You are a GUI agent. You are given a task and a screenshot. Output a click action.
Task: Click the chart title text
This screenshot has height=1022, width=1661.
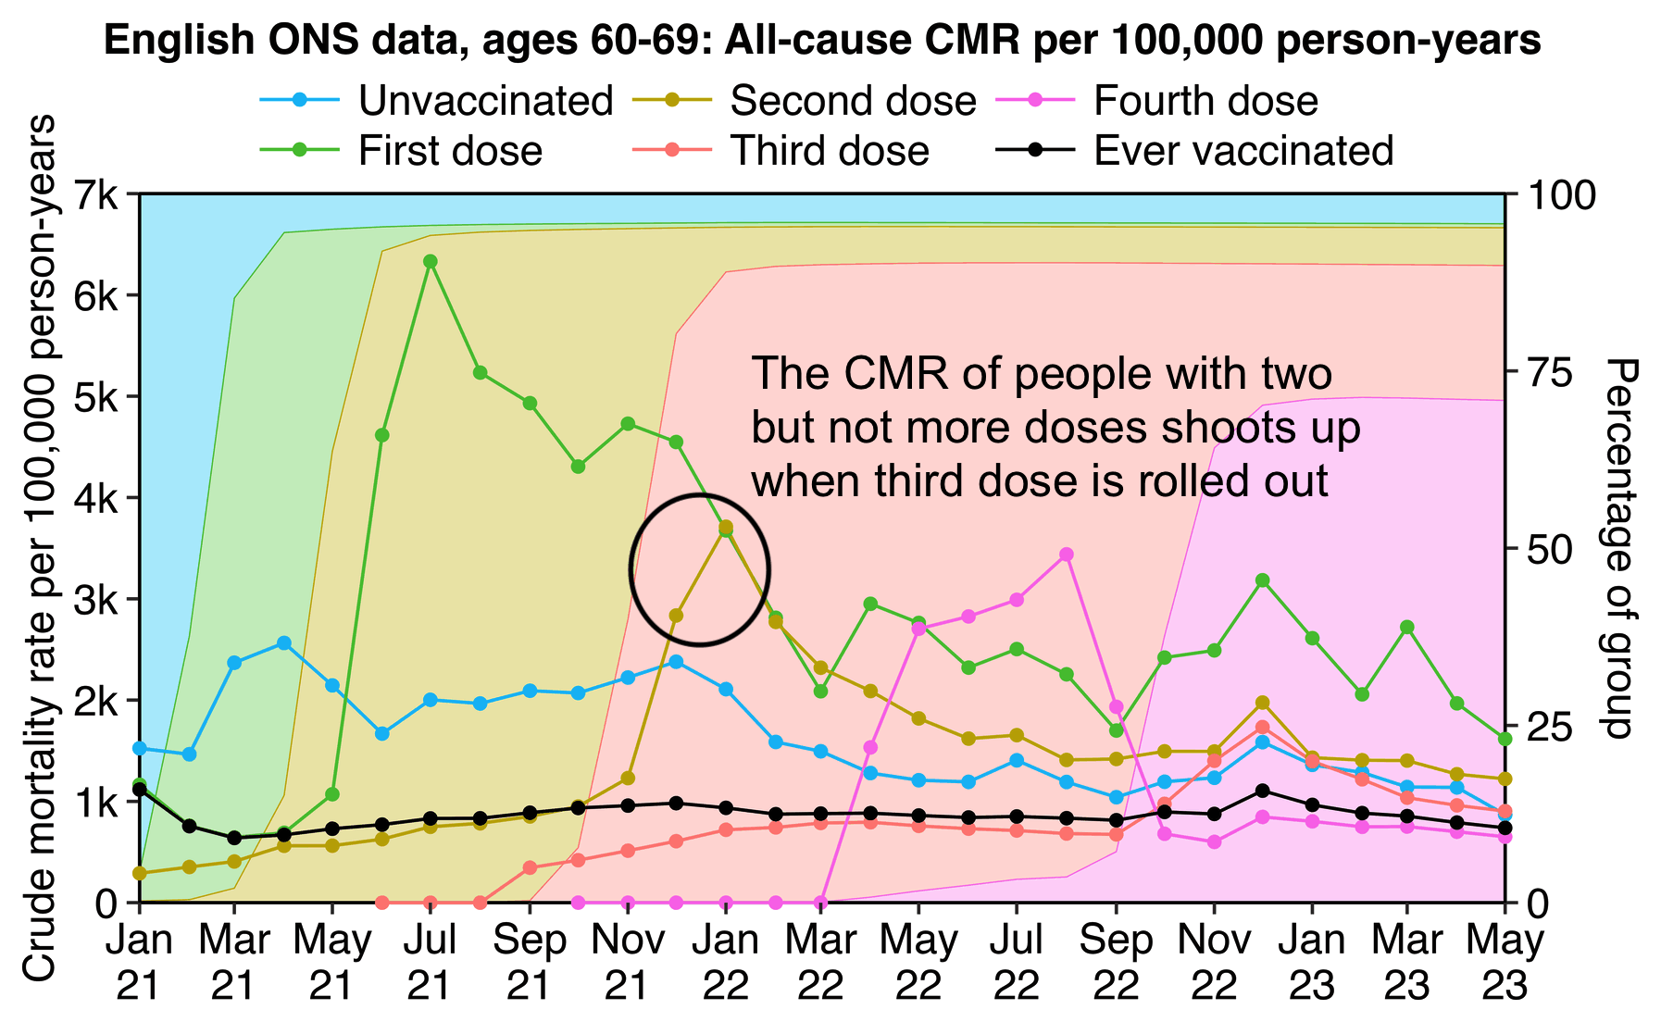(x=822, y=42)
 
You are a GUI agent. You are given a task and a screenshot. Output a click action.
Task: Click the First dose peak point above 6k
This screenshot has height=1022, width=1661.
(x=431, y=261)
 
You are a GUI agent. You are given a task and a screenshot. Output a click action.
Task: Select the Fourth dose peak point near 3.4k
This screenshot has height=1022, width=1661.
(x=1067, y=555)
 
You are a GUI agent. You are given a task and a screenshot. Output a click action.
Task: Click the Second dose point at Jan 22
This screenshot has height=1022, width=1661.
(x=726, y=527)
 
